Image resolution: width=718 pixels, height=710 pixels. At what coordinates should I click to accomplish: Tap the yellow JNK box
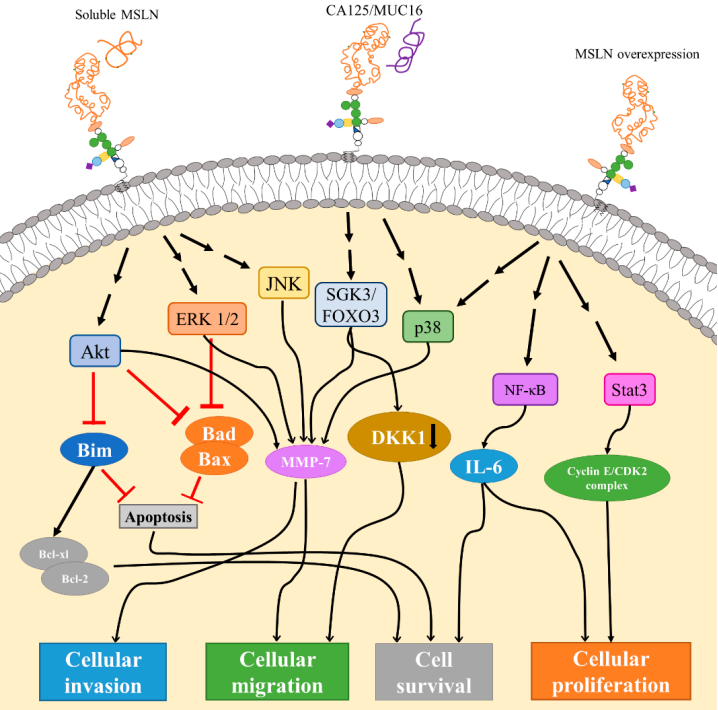tap(283, 283)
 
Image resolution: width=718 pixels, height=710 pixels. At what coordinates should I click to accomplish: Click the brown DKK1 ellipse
tap(399, 437)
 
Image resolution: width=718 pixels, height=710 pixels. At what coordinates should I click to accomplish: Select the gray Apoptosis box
tap(158, 516)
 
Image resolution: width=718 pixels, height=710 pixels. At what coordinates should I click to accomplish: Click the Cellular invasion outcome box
tap(104, 672)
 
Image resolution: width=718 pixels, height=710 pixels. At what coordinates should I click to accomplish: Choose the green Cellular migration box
tap(277, 672)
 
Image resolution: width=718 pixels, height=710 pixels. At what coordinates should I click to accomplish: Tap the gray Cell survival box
tap(433, 672)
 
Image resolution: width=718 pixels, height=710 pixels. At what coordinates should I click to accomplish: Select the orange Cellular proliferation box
tap(611, 672)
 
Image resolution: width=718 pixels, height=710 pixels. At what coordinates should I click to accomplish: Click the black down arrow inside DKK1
tap(433, 436)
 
